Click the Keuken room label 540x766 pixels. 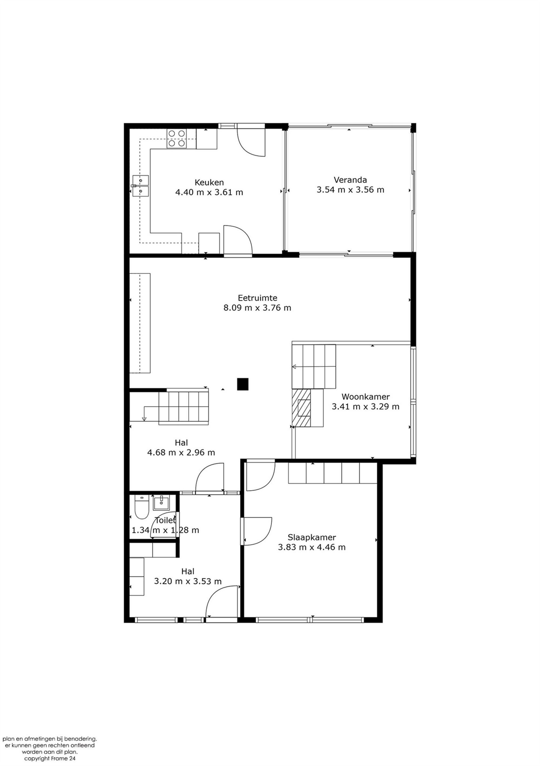tap(209, 182)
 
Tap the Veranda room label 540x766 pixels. tap(350, 180)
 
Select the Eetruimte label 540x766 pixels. tap(257, 298)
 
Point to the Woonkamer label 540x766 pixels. tap(366, 397)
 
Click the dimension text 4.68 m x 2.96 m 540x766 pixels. tap(181, 452)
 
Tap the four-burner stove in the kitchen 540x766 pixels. tap(177, 138)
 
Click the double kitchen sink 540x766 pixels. tap(140, 186)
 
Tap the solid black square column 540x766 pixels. tap(243, 384)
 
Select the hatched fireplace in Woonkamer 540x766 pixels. tap(301, 408)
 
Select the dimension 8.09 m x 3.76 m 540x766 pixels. tap(257, 308)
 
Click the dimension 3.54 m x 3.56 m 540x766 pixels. tap(350, 189)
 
